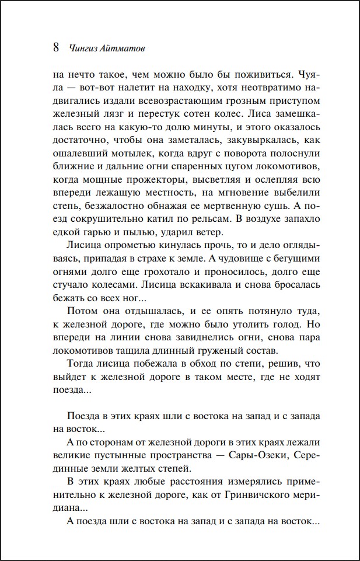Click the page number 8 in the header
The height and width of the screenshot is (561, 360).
56,48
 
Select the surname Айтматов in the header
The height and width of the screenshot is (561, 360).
124,49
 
